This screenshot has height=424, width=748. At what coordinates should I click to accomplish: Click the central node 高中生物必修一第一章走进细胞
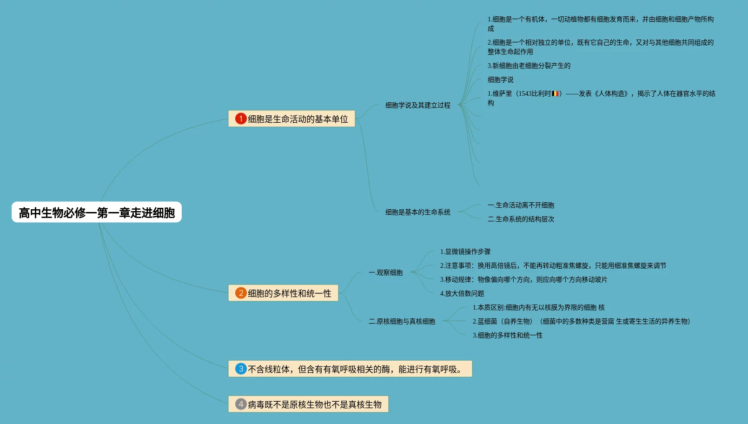97,212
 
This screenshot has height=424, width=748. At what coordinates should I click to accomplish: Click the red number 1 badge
241,119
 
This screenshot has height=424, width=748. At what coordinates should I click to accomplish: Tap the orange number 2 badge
241,293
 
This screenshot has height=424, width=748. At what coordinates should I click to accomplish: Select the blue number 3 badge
241,369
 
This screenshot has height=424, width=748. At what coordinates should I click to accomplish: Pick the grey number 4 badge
241,404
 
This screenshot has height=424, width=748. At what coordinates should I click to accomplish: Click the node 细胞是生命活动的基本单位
298,119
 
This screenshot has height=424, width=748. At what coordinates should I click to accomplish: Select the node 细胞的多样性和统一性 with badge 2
289,293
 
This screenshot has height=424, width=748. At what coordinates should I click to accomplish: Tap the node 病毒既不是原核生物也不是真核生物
314,404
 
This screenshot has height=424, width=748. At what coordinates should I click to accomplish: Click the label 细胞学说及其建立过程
417,105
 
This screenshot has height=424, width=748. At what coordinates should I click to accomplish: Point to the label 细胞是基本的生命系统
417,212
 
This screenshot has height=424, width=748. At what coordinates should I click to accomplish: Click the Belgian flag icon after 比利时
555,93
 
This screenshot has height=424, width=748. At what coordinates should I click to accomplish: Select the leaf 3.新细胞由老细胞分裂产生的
529,66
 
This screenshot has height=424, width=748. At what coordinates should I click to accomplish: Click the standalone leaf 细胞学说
500,79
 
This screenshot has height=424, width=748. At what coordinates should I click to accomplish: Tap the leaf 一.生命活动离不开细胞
521,205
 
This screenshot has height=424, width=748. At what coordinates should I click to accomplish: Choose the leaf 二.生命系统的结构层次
521,219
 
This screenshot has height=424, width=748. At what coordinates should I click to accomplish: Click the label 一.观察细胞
385,272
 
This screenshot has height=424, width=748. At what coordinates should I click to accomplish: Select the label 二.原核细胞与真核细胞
402,321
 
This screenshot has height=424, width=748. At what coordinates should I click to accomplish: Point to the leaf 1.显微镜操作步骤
465,252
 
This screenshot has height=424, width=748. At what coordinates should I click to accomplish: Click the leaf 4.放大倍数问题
462,293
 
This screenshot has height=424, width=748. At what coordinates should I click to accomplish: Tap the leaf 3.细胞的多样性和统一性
507,335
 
